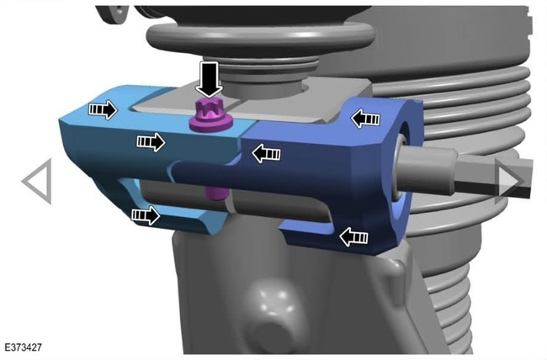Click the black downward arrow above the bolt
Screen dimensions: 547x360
tap(209, 79)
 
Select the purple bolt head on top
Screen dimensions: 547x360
tap(211, 115)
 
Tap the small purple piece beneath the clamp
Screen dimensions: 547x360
tap(216, 193)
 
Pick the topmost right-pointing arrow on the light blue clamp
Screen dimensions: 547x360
tap(103, 110)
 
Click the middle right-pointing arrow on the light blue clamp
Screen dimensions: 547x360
tap(151, 141)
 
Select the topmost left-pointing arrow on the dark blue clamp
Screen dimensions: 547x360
tap(365, 119)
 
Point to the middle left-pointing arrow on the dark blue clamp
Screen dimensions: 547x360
tap(266, 153)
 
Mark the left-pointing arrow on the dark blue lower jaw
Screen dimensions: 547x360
tap(353, 237)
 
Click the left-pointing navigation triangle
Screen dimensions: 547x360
tap(38, 182)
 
